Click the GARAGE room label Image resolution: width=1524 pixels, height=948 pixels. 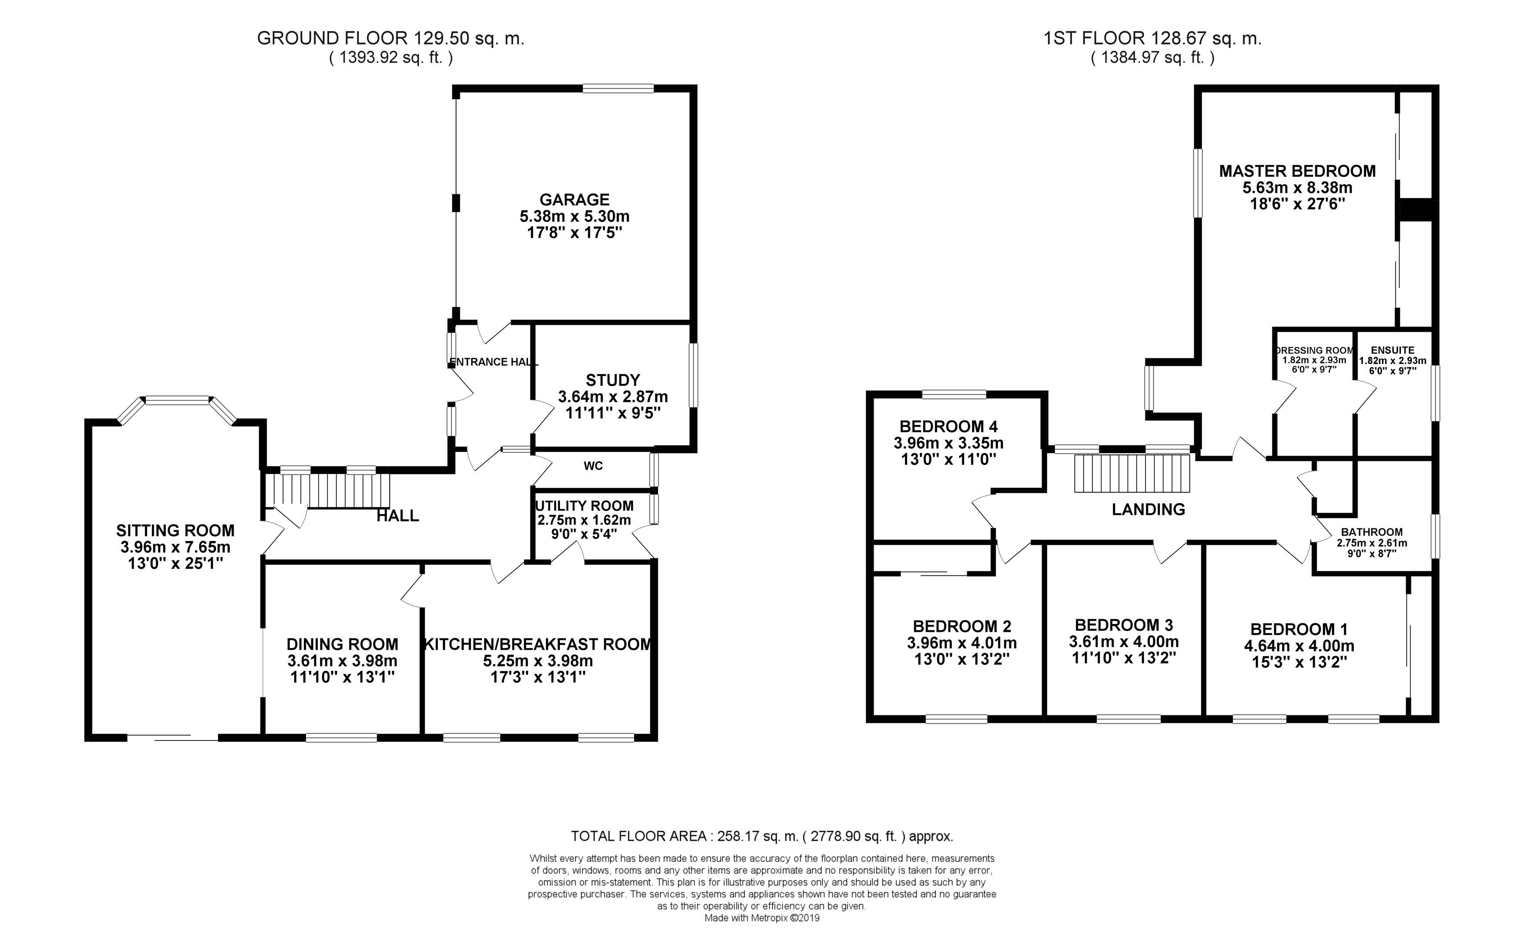click(x=574, y=199)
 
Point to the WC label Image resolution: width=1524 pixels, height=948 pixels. click(x=593, y=466)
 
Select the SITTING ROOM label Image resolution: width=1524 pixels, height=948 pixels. click(x=176, y=531)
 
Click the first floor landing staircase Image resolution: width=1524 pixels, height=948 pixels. click(x=1132, y=474)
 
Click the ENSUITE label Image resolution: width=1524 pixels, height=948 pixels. click(x=1392, y=350)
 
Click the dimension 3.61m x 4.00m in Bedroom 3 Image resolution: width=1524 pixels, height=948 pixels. click(x=1124, y=641)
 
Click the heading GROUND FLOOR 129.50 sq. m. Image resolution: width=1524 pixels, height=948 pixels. click(x=390, y=38)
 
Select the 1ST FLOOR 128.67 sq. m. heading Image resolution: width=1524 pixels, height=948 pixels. click(x=1152, y=38)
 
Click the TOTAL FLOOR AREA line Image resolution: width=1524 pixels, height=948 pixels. click(x=762, y=836)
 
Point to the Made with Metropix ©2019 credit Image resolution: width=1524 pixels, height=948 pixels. click(x=762, y=918)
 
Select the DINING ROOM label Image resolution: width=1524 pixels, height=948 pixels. click(x=342, y=644)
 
